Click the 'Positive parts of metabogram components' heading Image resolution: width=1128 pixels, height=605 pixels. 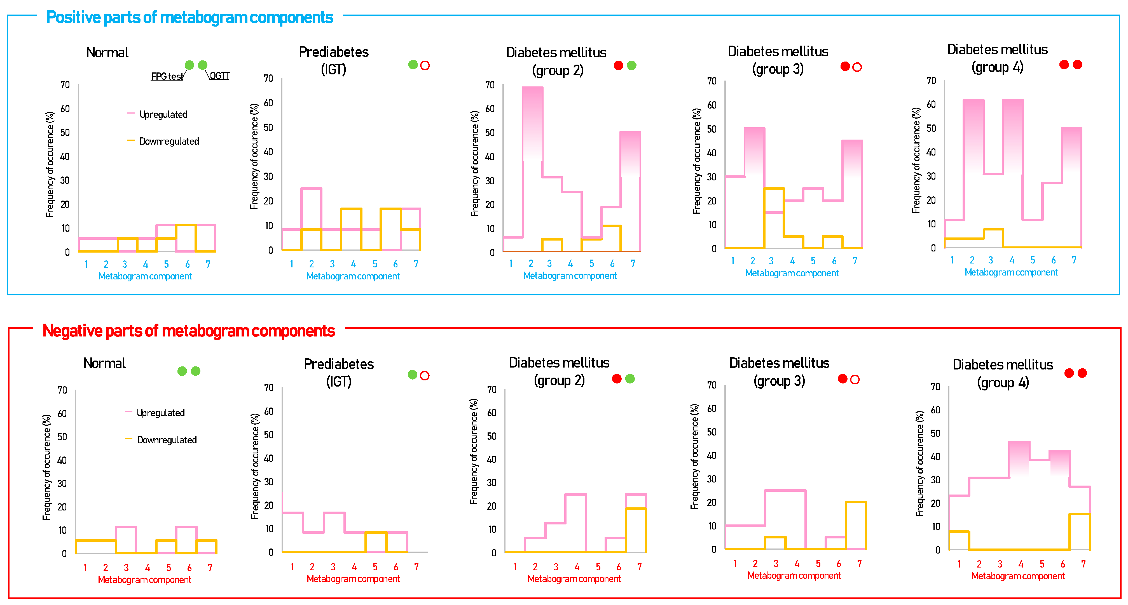[x=189, y=18]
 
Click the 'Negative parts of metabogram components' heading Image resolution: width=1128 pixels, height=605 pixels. [x=188, y=331]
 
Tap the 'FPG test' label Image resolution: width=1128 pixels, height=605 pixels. [x=167, y=76]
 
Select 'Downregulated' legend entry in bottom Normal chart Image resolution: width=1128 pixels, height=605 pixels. [x=166, y=440]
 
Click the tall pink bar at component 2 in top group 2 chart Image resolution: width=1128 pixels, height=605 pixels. [x=532, y=131]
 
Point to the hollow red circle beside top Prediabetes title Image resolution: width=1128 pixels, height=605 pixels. [x=425, y=66]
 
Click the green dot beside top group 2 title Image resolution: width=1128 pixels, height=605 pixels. [x=631, y=66]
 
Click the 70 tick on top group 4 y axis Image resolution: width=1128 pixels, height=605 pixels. [x=931, y=81]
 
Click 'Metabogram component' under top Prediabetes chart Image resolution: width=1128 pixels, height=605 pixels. [x=353, y=276]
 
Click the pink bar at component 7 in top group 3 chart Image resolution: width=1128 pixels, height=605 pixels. [x=852, y=192]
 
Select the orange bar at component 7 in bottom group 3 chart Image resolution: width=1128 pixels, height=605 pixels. [x=856, y=525]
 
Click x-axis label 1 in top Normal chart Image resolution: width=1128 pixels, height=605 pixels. [x=86, y=264]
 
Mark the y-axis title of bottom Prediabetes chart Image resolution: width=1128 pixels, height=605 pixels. [x=255, y=466]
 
